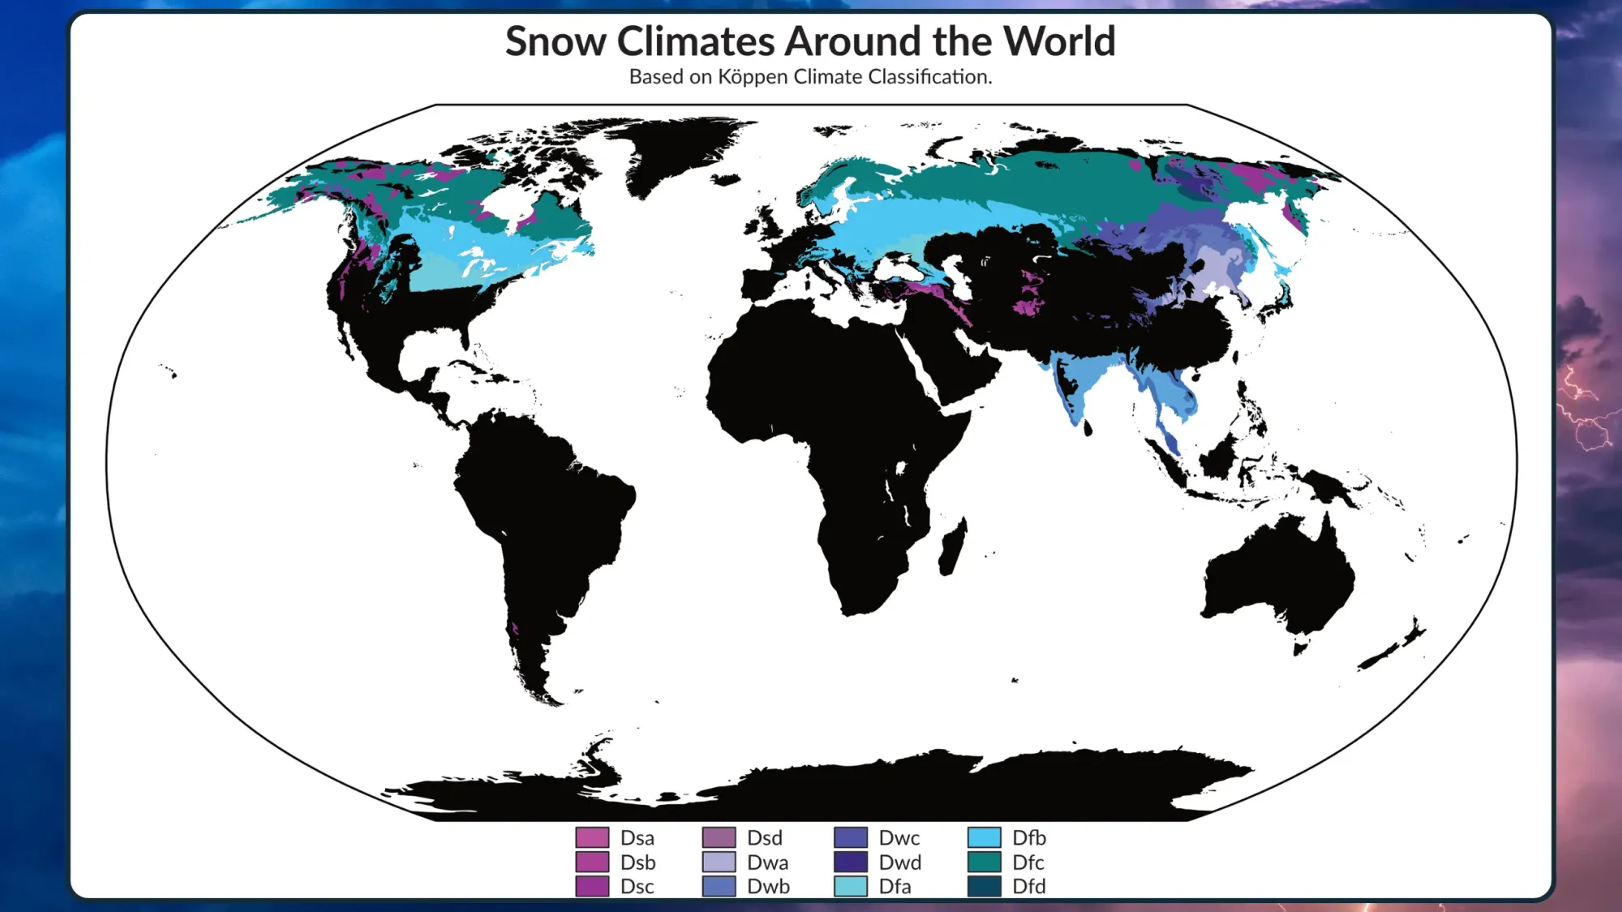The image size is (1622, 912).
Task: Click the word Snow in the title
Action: pyautogui.click(x=556, y=41)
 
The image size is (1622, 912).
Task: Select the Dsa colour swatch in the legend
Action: pyautogui.click(x=592, y=837)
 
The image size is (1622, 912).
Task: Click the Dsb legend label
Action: pyautogui.click(x=637, y=863)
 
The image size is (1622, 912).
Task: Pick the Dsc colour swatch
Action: pyautogui.click(x=592, y=886)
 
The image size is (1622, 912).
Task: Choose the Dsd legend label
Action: pyautogui.click(x=764, y=837)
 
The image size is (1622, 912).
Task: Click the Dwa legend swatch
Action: pyautogui.click(x=719, y=862)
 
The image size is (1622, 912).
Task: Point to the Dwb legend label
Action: pyautogui.click(x=768, y=886)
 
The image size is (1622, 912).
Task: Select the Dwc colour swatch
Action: pyautogui.click(x=851, y=837)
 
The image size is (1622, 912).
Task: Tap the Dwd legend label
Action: pyautogui.click(x=900, y=863)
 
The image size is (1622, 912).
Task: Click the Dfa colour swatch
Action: pyautogui.click(x=851, y=886)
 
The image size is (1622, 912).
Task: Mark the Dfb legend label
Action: pyautogui.click(x=1028, y=837)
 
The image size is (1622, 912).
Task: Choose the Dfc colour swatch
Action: pyautogui.click(x=984, y=862)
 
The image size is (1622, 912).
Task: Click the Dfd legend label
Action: pyautogui.click(x=1028, y=886)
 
